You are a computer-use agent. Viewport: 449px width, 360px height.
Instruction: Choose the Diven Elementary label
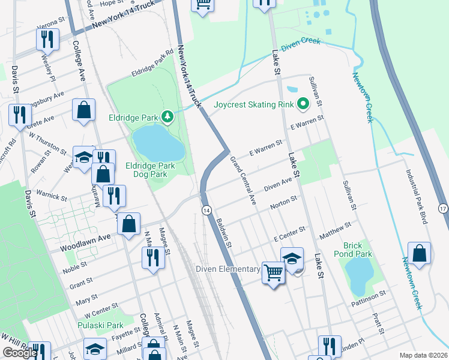[x=227, y=269]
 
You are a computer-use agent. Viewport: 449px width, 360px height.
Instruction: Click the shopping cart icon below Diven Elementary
[x=274, y=273]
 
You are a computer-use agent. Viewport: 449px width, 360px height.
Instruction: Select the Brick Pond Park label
[x=358, y=250]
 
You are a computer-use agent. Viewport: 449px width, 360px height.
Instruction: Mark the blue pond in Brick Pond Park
[x=357, y=275]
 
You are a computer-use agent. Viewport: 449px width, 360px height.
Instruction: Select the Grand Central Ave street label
[x=244, y=181]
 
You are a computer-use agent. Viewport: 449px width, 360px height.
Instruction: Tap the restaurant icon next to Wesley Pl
[x=47, y=40]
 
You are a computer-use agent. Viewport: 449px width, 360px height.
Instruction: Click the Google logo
[x=19, y=353]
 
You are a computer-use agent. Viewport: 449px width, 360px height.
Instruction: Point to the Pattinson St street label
[x=365, y=296]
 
